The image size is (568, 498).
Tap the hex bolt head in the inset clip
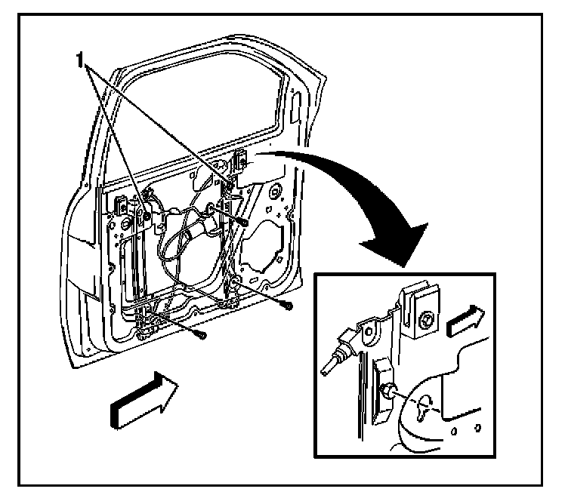pyautogui.click(x=424, y=320)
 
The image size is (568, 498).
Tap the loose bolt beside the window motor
pyautogui.click(x=247, y=220)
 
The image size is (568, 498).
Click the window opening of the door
pyautogui.click(x=204, y=121)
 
